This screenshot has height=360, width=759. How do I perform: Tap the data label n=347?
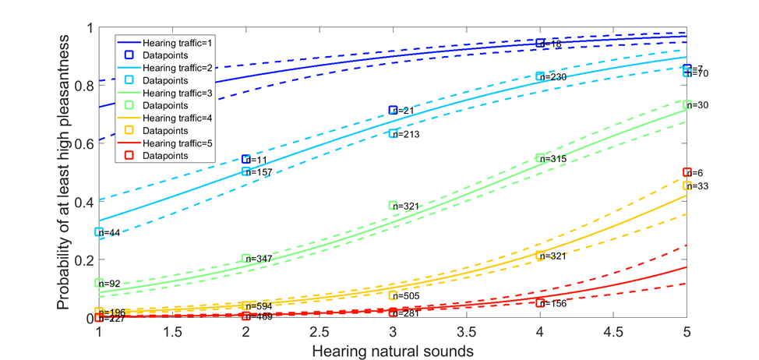(x=259, y=258)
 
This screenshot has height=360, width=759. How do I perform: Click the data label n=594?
(x=259, y=306)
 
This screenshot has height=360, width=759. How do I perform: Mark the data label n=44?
(x=111, y=232)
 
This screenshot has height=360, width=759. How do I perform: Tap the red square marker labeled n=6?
(x=687, y=172)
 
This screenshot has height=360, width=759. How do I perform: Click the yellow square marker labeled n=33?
(x=687, y=185)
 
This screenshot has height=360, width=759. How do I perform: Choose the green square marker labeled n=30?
(x=687, y=104)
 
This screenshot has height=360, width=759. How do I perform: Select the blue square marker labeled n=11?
(x=246, y=159)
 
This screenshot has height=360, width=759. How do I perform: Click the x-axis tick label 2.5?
(x=319, y=330)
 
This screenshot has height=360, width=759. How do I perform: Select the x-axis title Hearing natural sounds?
(x=393, y=350)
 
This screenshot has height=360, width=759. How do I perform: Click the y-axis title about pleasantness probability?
(x=63, y=173)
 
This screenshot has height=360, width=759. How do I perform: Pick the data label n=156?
(x=554, y=304)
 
